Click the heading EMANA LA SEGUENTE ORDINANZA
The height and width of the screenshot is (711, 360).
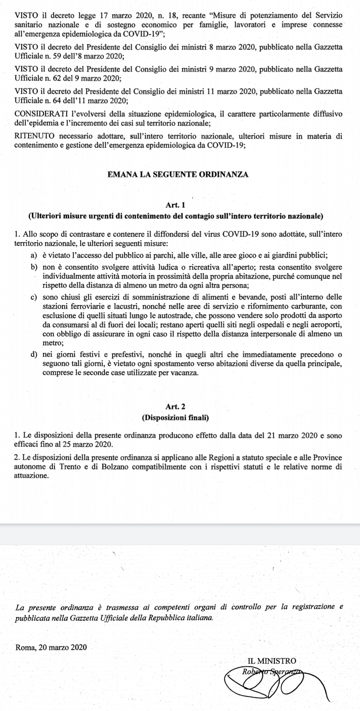pos(178,174)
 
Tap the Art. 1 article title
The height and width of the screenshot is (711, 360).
pos(175,205)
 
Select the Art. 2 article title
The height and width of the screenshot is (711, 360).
pos(175,407)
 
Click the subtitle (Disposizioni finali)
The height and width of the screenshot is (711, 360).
pos(175,418)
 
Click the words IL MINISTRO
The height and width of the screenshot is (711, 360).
pos(272,661)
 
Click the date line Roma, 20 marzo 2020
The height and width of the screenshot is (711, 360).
pos(51,647)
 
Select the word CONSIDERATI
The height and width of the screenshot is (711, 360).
pos(41,114)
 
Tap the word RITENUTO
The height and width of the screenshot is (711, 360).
pos(34,136)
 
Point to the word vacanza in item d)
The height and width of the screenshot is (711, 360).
pos(186,373)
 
